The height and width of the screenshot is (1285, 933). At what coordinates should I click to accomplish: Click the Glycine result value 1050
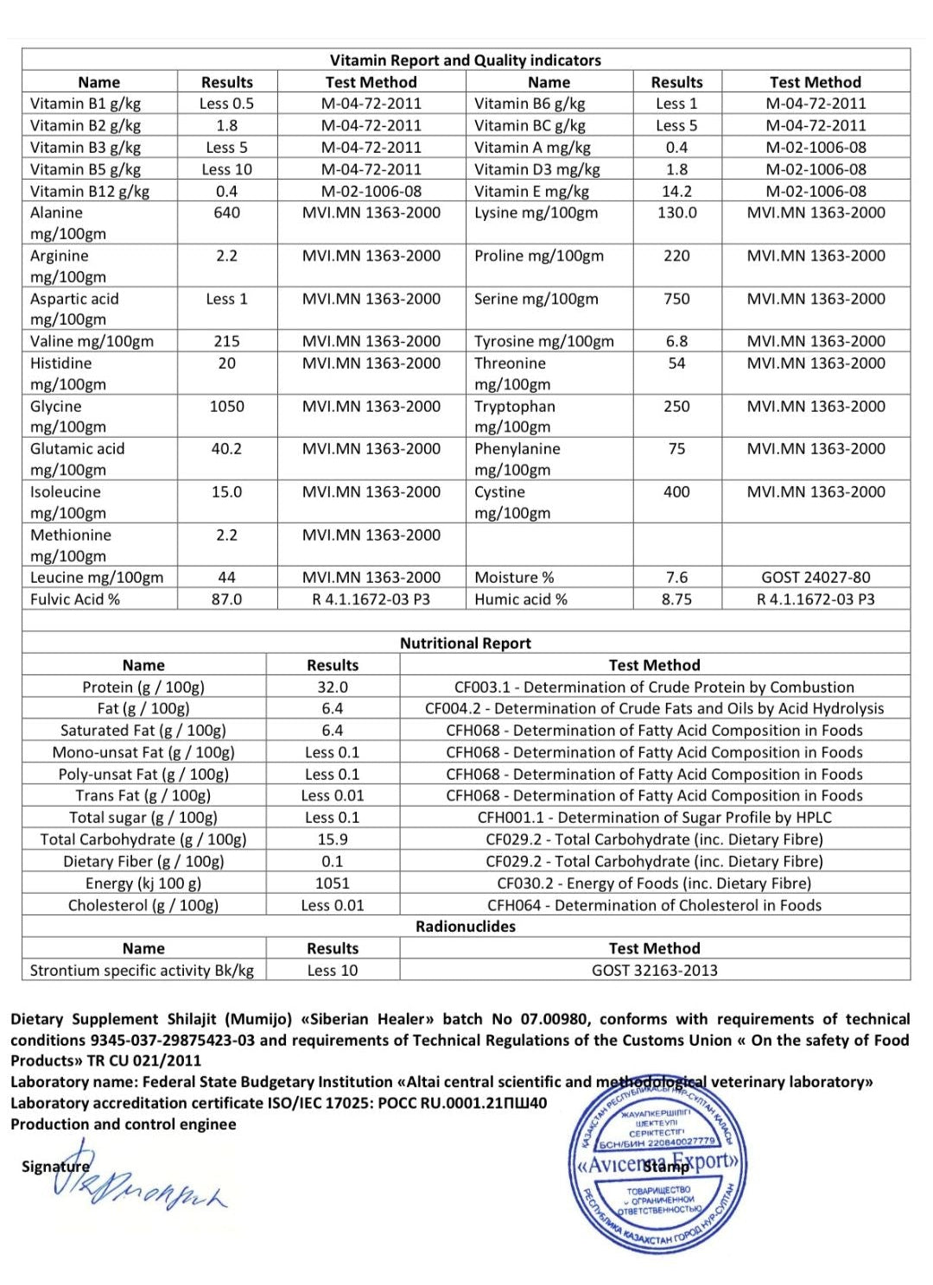(x=226, y=406)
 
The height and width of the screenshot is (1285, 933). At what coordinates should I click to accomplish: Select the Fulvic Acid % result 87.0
(x=226, y=599)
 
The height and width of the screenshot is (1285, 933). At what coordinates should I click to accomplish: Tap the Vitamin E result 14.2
(x=676, y=191)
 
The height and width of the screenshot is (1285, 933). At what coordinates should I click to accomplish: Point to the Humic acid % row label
(x=521, y=599)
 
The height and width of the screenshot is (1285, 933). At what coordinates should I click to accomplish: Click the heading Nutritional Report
(x=465, y=643)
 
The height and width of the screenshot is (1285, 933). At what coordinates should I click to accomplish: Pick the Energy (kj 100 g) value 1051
(x=333, y=883)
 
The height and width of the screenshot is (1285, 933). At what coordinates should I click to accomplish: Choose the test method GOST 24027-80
(x=816, y=578)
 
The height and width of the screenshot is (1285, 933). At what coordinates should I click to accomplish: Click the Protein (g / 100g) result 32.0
(x=333, y=687)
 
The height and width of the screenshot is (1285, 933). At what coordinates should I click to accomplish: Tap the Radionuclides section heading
(x=465, y=927)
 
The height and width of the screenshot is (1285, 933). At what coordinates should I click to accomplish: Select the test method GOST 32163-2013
(x=654, y=971)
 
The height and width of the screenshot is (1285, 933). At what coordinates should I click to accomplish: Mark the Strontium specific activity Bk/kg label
(x=142, y=971)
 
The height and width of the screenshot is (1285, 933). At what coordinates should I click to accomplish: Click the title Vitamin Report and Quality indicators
(x=465, y=60)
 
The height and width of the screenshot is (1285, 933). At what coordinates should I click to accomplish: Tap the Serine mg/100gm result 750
(x=676, y=299)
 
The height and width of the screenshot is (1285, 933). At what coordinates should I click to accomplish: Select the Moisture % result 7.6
(x=676, y=578)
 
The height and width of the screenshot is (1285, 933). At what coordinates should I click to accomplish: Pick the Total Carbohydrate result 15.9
(x=333, y=839)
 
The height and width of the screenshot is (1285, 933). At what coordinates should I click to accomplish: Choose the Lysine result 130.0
(x=676, y=212)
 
